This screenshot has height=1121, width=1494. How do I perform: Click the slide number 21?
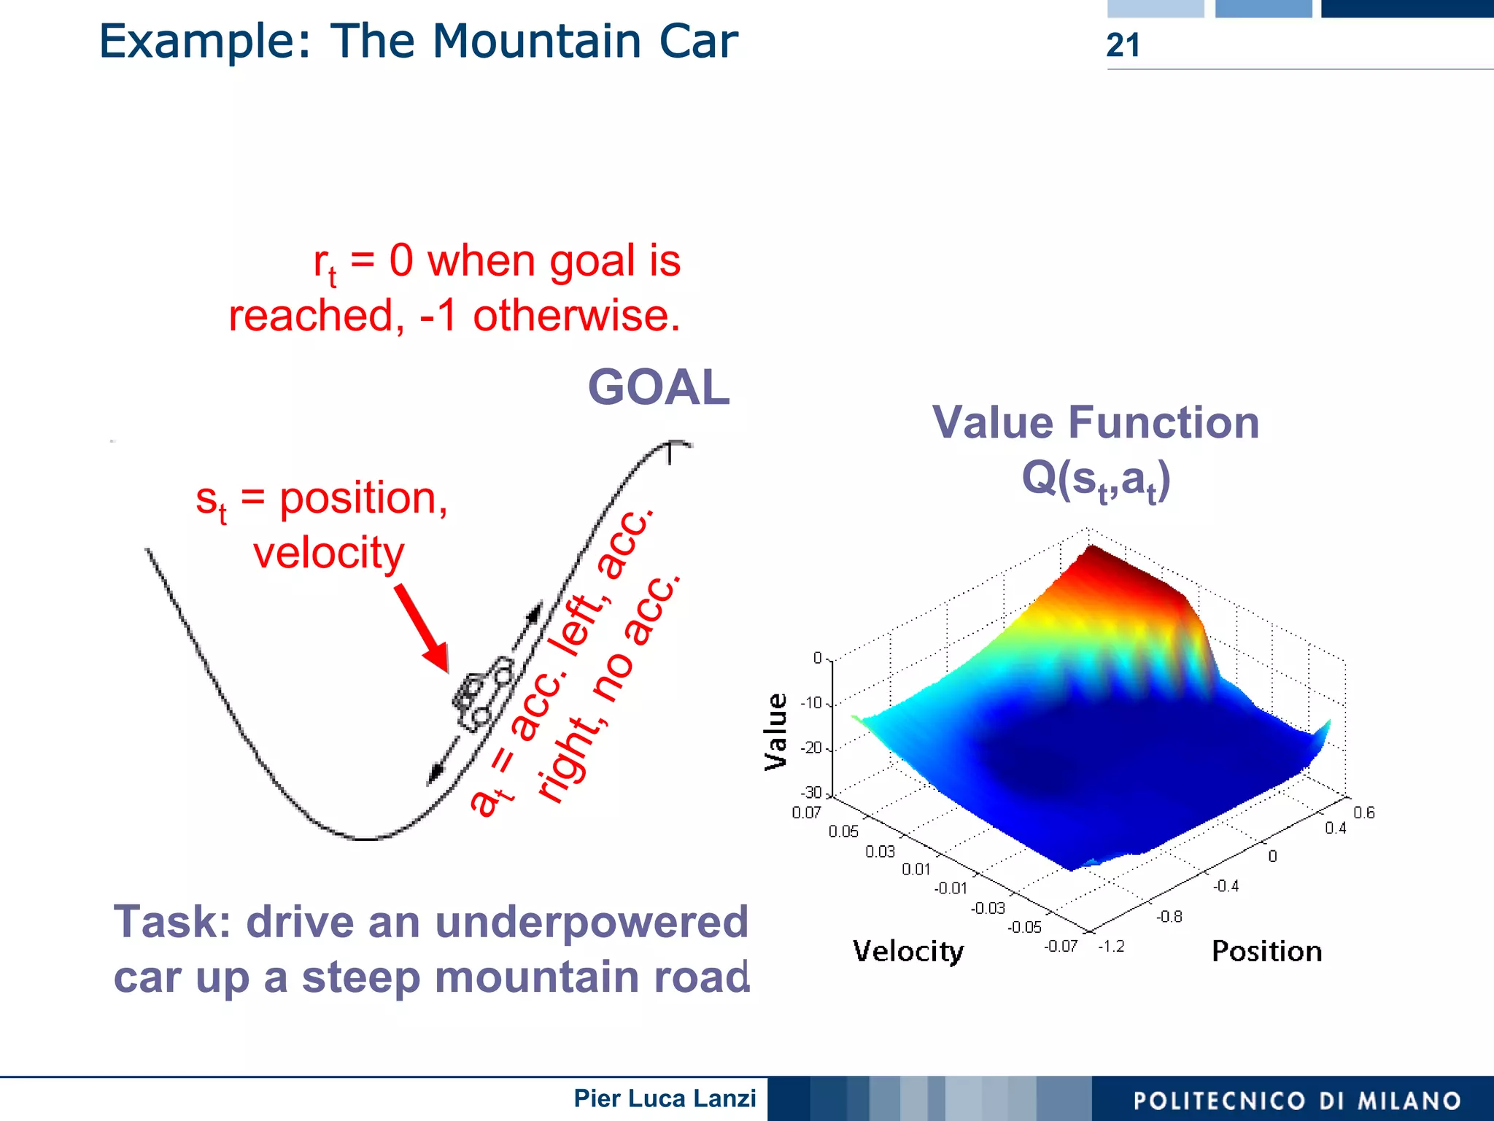(1122, 45)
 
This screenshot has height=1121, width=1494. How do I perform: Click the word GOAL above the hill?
(658, 387)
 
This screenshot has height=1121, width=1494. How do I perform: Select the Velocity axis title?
(907, 951)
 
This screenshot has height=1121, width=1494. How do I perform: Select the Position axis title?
(1266, 951)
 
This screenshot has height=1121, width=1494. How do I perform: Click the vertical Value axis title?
(775, 732)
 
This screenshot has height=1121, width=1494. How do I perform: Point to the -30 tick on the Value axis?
(811, 793)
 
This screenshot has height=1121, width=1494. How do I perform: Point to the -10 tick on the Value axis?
(811, 703)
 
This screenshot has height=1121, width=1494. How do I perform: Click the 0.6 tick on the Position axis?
(1363, 812)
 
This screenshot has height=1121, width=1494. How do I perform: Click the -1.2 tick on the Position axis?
(1111, 946)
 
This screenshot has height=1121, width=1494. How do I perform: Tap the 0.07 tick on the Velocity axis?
(806, 812)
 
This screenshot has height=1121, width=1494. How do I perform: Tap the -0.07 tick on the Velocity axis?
(1060, 946)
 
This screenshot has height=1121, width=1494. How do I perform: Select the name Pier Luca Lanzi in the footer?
(665, 1098)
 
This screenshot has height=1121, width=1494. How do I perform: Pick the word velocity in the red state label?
(328, 553)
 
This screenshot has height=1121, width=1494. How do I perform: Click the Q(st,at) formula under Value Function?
(1096, 479)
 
